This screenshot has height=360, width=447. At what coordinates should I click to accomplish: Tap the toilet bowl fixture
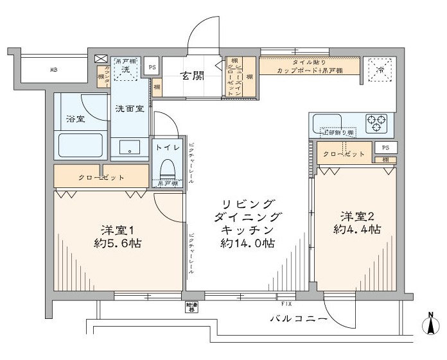tap(167, 167)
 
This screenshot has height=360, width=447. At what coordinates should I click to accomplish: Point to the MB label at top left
tap(55, 69)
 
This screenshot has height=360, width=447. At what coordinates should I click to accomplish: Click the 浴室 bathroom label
tap(76, 119)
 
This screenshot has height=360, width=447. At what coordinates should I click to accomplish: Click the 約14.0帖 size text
tap(248, 244)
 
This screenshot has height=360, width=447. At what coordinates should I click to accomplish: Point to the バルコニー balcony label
tap(299, 319)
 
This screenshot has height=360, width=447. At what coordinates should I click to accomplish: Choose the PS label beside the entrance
tap(152, 67)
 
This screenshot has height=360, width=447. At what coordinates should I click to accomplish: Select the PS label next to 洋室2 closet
tap(385, 148)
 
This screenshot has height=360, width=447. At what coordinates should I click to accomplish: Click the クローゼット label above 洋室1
tap(101, 176)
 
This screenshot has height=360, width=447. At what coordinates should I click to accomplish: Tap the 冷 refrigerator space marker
tap(380, 69)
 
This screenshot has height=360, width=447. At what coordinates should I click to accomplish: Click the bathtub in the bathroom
tap(81, 146)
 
